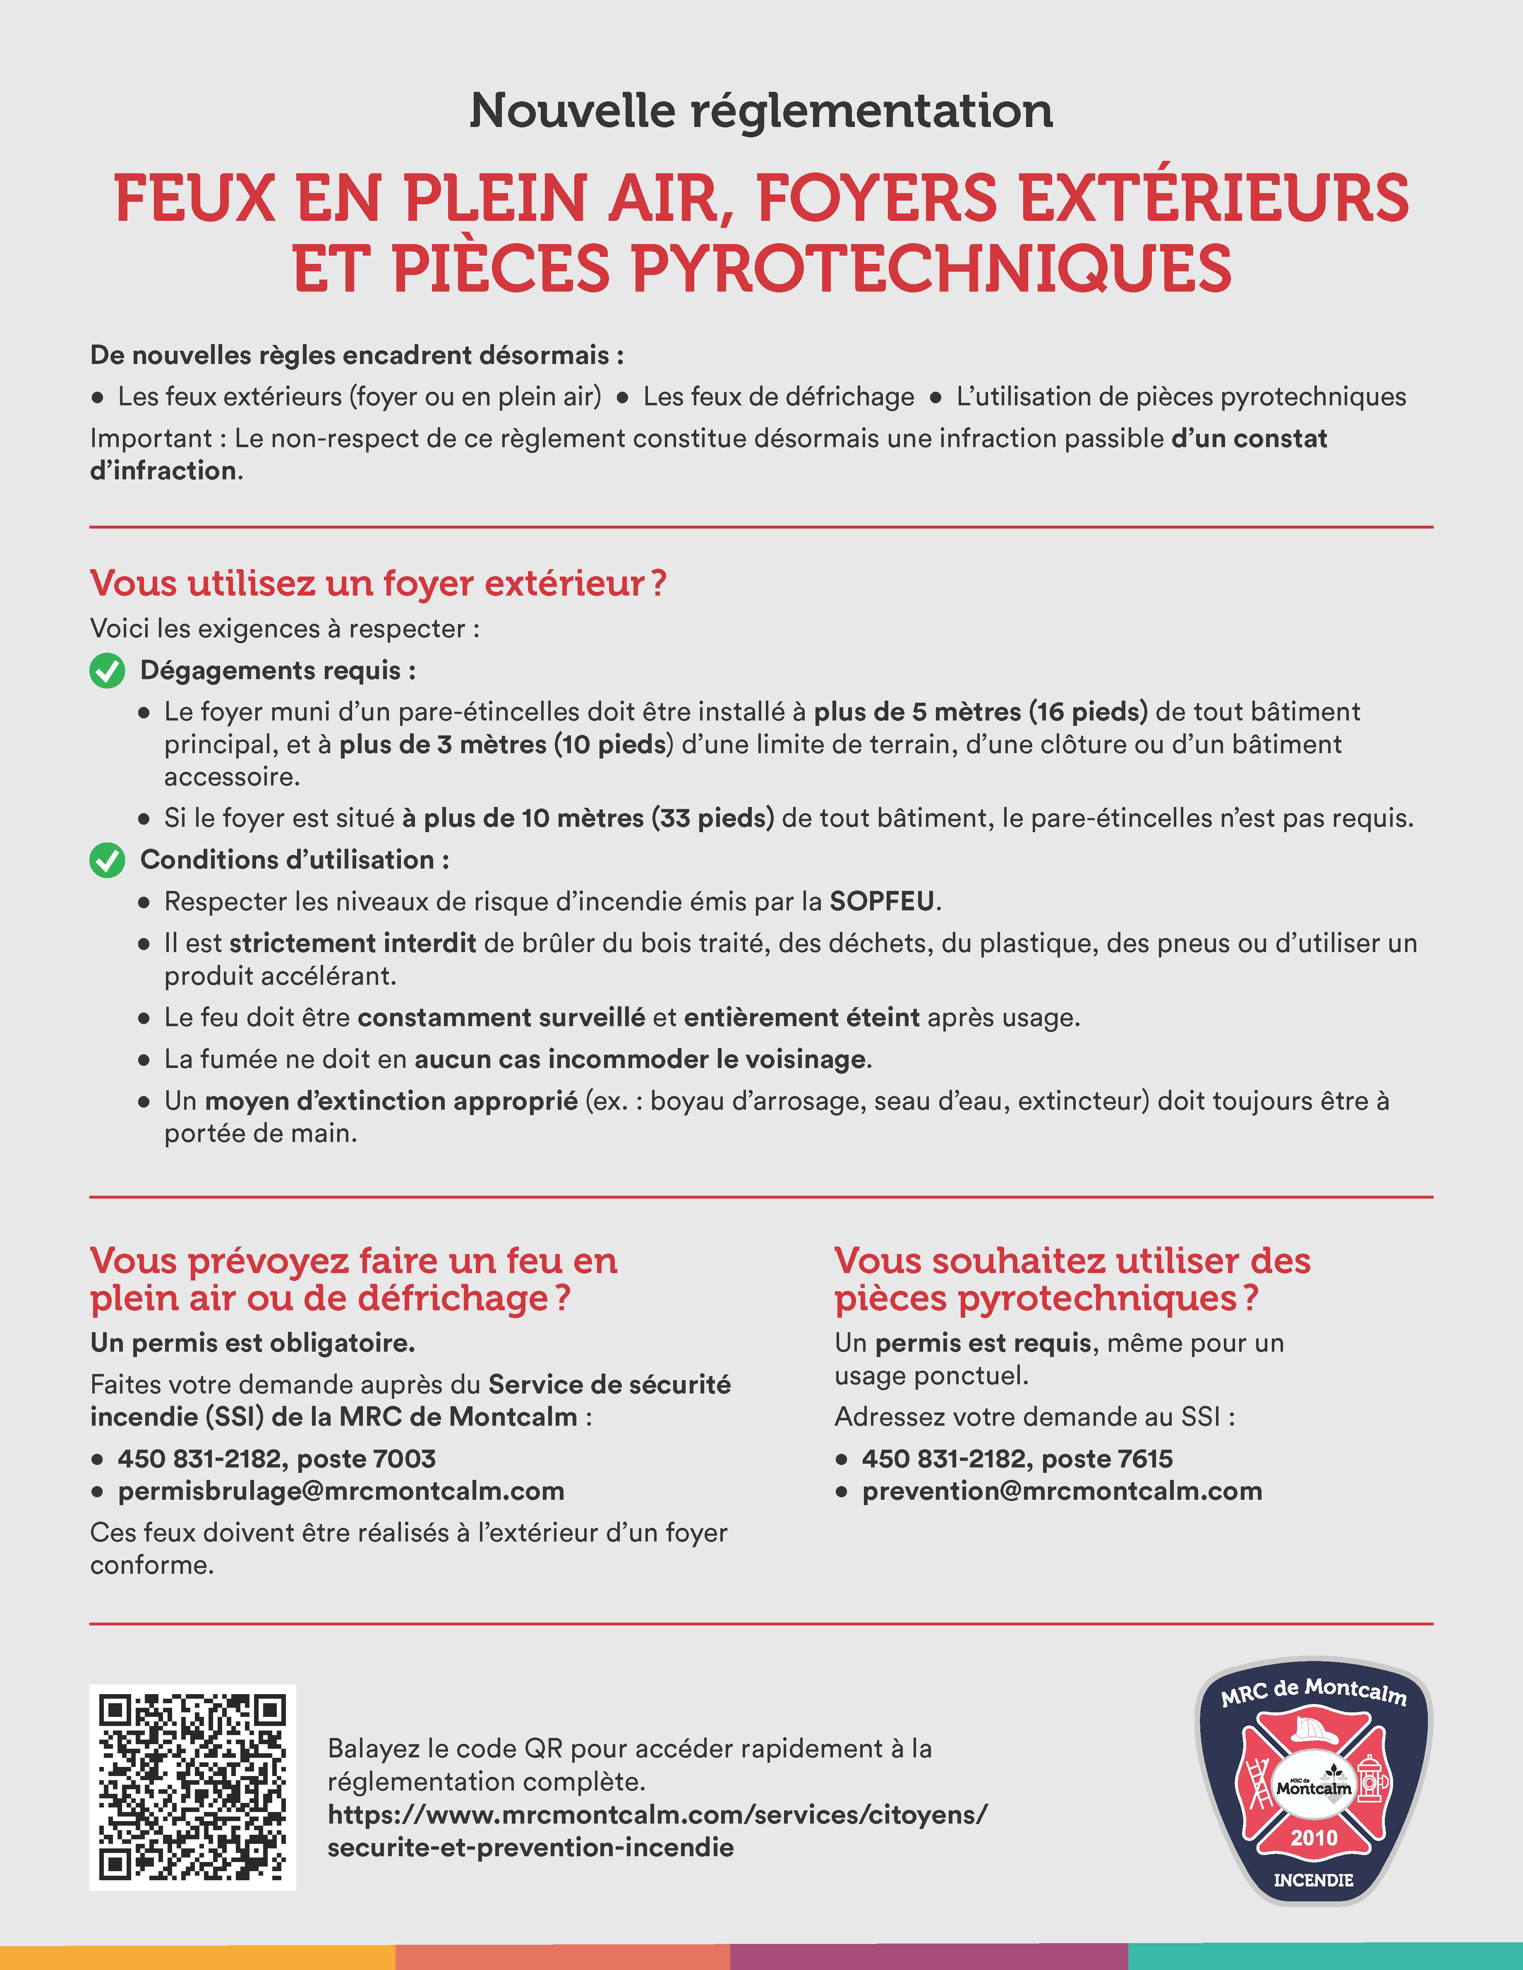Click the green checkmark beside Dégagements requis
coord(108,671)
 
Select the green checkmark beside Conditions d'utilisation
coord(108,861)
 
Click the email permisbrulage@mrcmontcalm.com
coord(341,1491)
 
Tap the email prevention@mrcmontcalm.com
coord(1062,1491)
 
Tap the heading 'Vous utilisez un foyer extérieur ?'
coord(378,584)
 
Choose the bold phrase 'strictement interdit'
coord(353,943)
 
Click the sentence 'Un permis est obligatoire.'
coord(253,1343)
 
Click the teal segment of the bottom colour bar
coord(1324,1957)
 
